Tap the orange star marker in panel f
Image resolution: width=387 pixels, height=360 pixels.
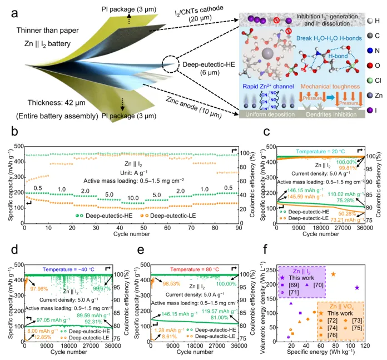(333, 274)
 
